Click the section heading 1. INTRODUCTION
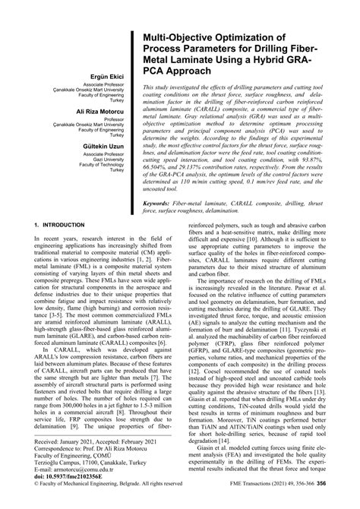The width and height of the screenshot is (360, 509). [61, 226]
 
